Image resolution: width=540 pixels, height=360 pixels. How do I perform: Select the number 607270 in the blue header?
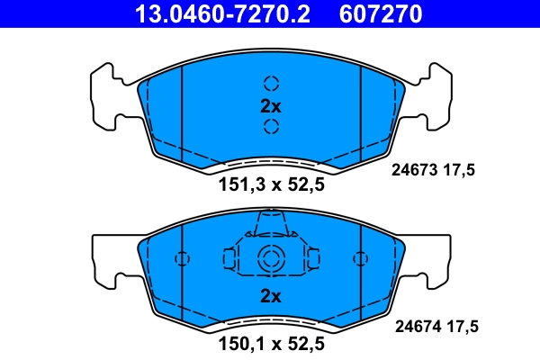click(x=379, y=13)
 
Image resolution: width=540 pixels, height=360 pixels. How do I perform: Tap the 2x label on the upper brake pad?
click(x=271, y=105)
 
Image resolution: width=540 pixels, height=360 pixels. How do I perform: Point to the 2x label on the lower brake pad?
click(x=271, y=295)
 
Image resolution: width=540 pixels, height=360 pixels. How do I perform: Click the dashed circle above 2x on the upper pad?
click(x=271, y=83)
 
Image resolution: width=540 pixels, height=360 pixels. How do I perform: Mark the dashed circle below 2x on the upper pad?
click(x=271, y=127)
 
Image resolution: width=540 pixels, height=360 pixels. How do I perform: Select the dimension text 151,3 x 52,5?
click(x=271, y=184)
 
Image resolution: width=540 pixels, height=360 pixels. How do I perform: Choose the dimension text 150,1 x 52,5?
click(x=271, y=343)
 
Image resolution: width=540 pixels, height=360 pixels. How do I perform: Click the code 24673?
click(x=415, y=167)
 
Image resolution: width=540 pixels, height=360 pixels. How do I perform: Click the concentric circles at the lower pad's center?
click(x=271, y=259)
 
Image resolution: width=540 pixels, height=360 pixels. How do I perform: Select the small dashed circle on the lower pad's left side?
click(x=182, y=259)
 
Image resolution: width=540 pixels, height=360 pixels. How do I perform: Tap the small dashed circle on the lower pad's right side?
click(x=360, y=259)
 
